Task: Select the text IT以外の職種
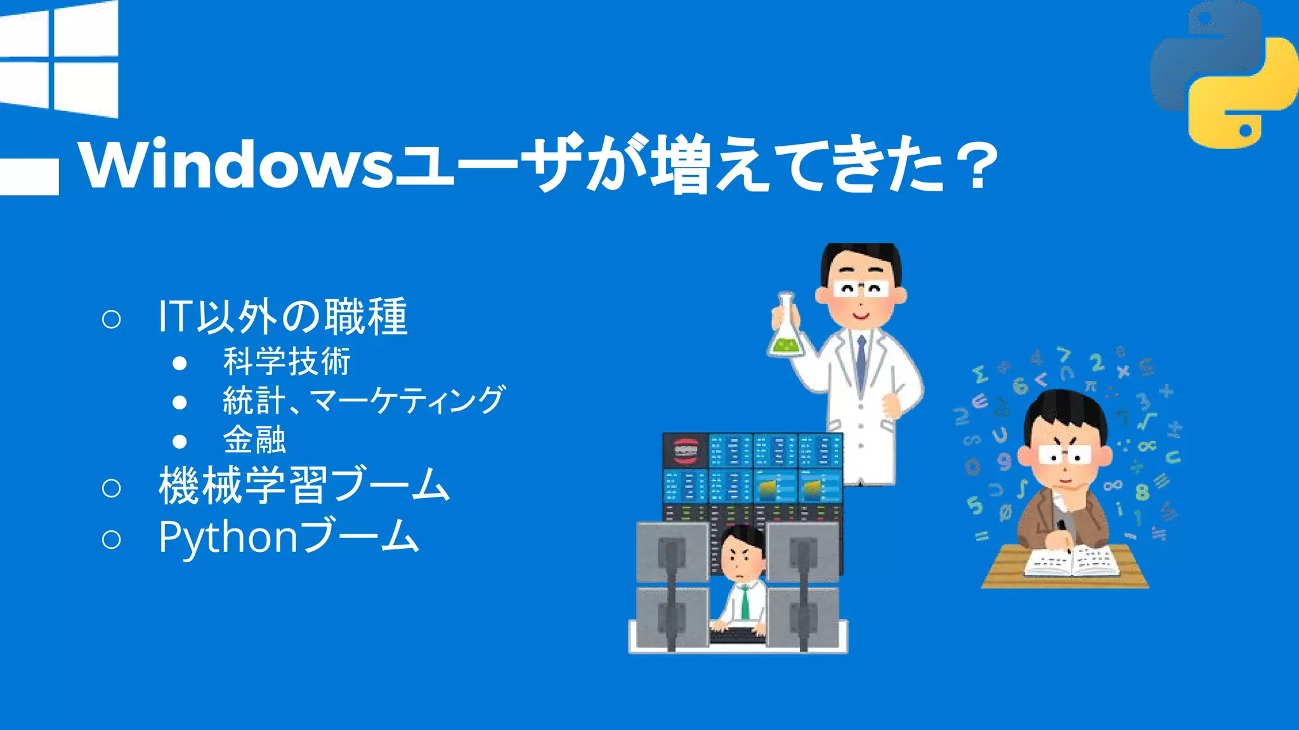(282, 316)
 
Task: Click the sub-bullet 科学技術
(287, 362)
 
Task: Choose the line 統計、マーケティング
(363, 400)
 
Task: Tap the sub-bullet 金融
(254, 440)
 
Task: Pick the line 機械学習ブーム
(304, 486)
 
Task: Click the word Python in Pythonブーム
(228, 537)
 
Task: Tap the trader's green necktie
(745, 601)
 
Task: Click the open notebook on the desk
(1071, 561)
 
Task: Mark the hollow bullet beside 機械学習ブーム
(111, 487)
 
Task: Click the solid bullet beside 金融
(180, 441)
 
